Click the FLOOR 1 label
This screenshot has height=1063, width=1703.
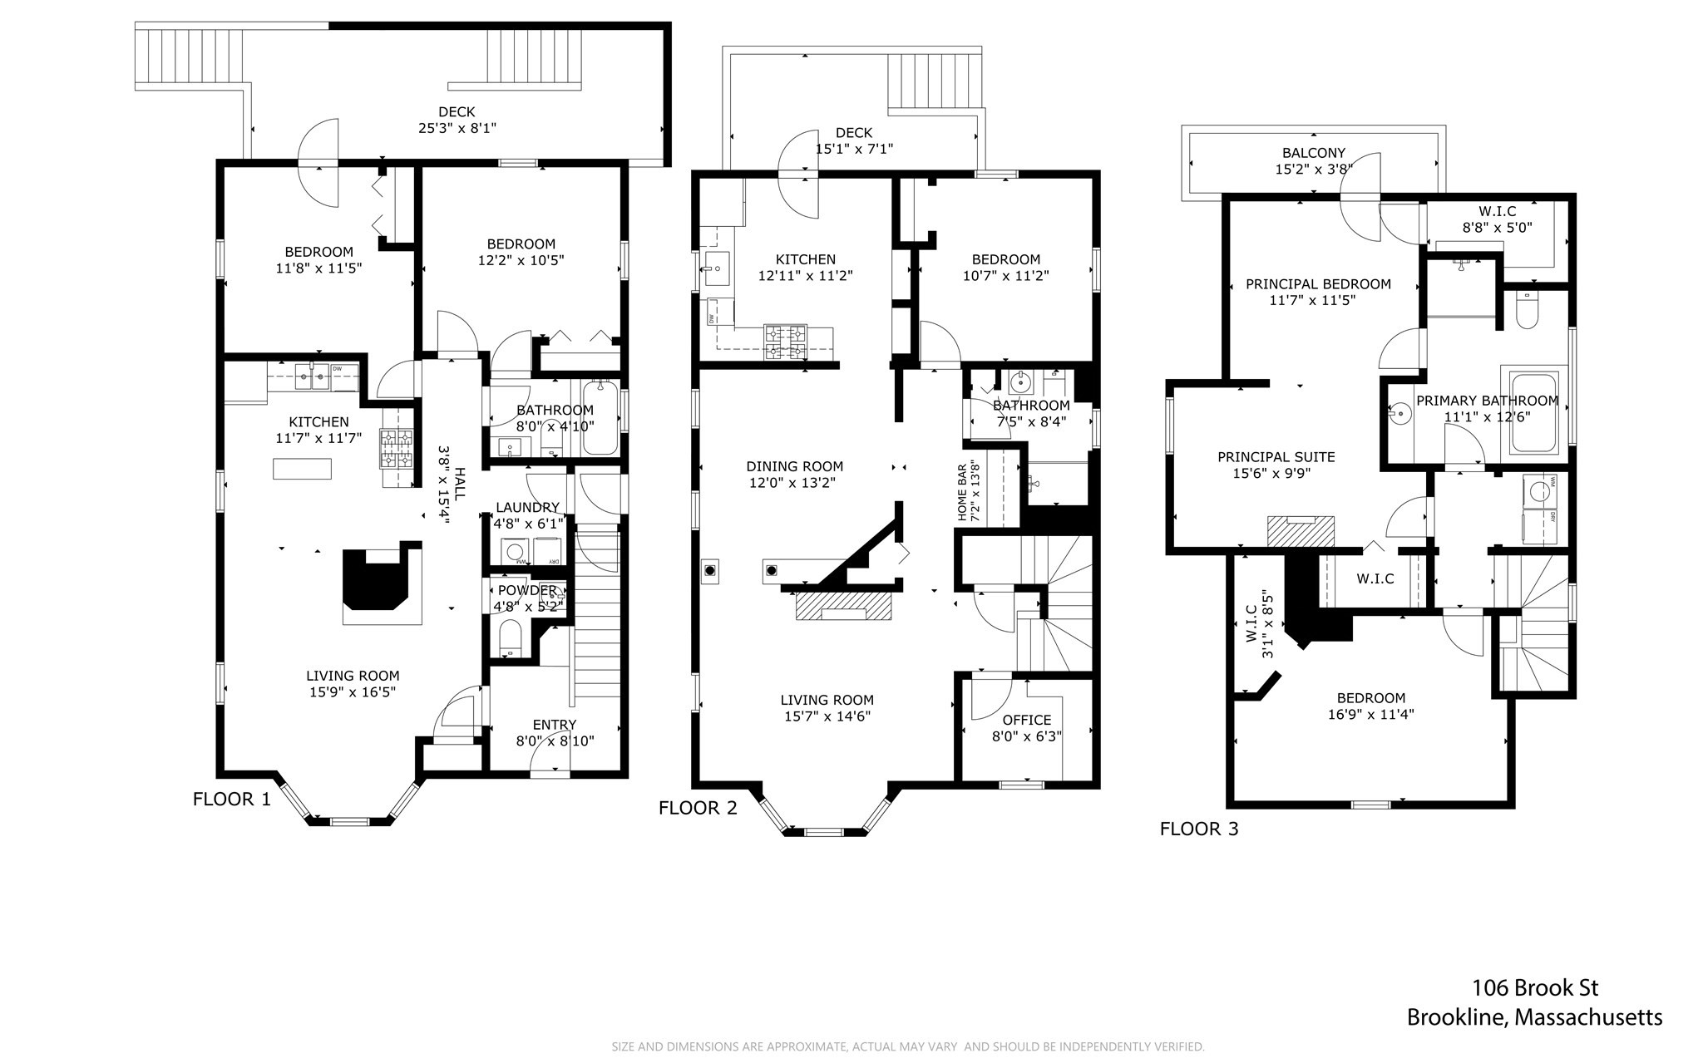pyautogui.click(x=231, y=800)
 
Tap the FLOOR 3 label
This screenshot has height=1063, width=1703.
pyautogui.click(x=1198, y=829)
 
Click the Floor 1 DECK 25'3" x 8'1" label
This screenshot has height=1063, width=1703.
pyautogui.click(x=457, y=120)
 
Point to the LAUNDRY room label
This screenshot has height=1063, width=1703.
pyautogui.click(x=527, y=508)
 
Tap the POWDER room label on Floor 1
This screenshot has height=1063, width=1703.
pyautogui.click(x=527, y=591)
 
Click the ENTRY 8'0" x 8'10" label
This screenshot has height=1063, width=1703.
pyautogui.click(x=554, y=733)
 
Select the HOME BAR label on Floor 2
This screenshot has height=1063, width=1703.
pyautogui.click(x=970, y=493)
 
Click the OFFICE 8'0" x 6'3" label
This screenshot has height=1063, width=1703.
pyautogui.click(x=1026, y=728)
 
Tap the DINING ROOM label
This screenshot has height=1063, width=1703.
pyautogui.click(x=794, y=475)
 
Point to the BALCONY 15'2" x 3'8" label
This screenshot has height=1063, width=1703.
pyautogui.click(x=1313, y=161)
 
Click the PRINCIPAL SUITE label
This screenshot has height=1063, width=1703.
pyautogui.click(x=1276, y=465)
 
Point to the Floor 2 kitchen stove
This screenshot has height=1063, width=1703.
pyautogui.click(x=786, y=342)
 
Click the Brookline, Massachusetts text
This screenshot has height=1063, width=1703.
pyautogui.click(x=1534, y=1017)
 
